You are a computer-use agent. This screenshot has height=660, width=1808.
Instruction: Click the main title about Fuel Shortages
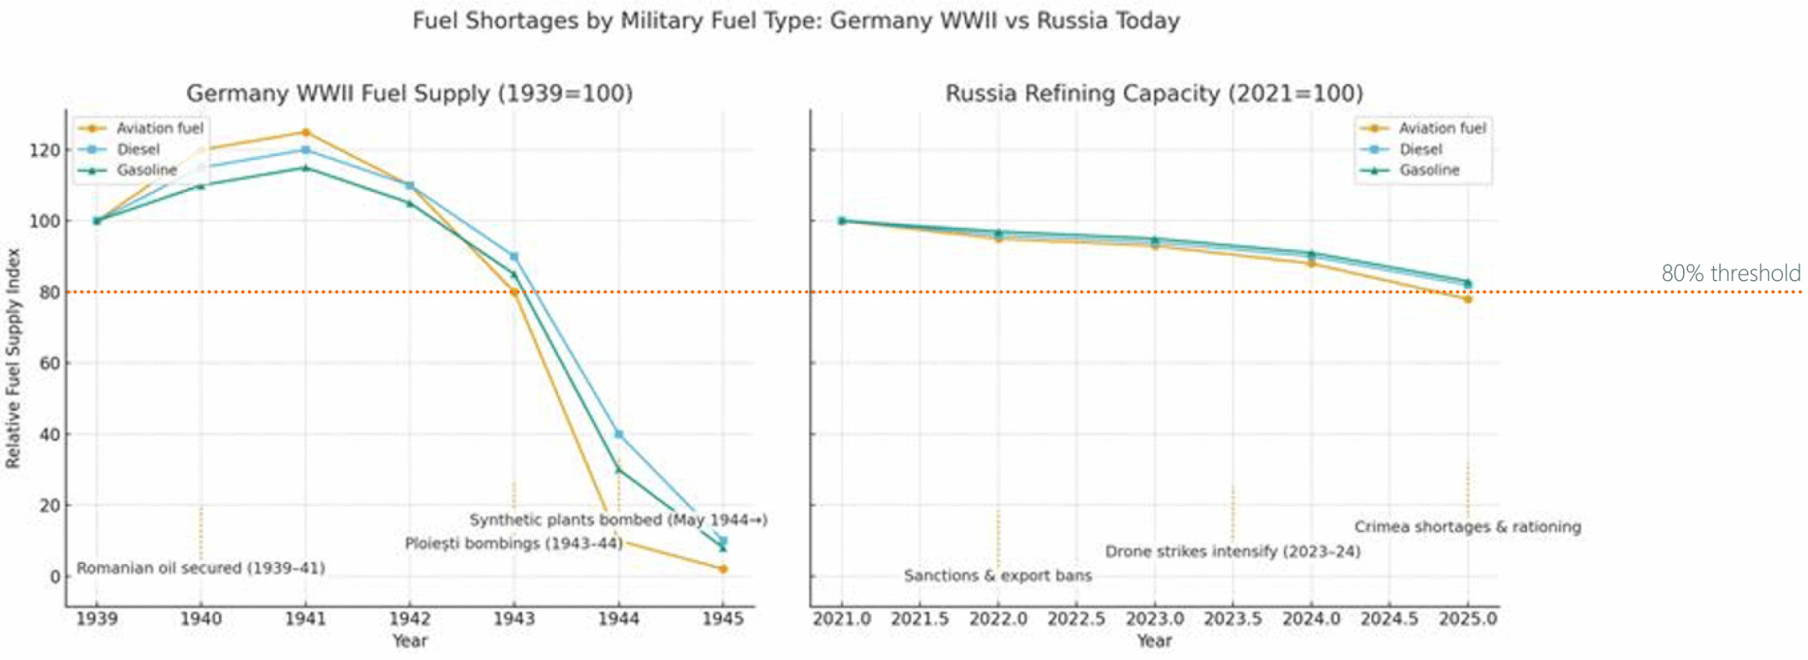point(796,20)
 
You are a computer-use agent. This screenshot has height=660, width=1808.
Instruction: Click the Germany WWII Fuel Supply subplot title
point(410,93)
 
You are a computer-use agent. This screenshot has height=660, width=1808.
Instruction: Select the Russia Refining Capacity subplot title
point(1154,93)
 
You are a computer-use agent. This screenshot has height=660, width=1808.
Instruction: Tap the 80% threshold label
point(1730,273)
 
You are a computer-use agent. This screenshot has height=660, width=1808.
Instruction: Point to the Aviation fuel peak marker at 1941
point(306,132)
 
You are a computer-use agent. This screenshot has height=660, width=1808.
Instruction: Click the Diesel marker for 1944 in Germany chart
point(619,434)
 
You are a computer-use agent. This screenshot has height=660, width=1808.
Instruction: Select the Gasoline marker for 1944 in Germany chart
point(619,469)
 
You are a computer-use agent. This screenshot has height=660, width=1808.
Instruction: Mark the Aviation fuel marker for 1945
point(722,569)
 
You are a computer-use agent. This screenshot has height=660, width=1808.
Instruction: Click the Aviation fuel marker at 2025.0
point(1468,299)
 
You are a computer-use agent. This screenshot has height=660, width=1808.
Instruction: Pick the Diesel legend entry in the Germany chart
point(138,149)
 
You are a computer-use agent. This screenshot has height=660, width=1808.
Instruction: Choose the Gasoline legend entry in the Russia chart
point(1429,170)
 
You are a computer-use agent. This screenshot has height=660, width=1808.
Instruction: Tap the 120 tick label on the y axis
point(44,150)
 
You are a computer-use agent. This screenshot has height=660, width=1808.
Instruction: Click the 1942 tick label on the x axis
point(410,618)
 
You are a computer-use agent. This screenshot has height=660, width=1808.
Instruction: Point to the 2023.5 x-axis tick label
point(1232,618)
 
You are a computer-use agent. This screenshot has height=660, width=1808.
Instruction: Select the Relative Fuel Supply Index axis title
point(13,358)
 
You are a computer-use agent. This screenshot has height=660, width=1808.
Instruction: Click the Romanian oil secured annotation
point(201,568)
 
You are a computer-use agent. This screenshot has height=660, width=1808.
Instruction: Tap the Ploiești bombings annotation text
point(513,544)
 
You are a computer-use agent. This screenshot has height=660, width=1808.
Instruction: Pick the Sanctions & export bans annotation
point(997,575)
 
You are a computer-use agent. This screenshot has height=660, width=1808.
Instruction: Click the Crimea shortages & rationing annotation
point(1467,527)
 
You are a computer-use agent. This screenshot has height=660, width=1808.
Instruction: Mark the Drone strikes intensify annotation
point(1232,551)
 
